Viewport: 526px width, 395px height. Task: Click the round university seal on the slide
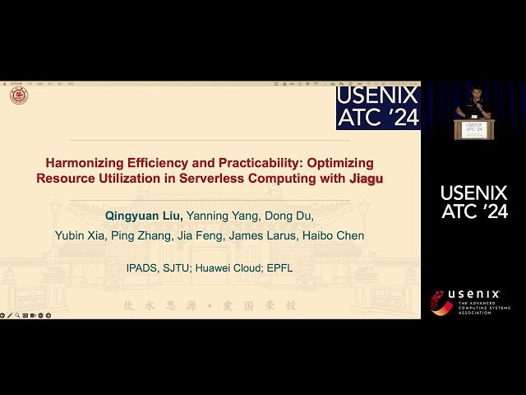(19, 96)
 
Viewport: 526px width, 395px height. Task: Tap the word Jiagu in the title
(366, 178)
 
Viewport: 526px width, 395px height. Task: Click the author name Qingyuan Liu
(144, 216)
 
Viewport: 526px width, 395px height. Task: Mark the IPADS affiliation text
(144, 268)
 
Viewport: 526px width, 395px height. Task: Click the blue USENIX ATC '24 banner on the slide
(378, 107)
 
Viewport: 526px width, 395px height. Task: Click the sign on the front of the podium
(474, 128)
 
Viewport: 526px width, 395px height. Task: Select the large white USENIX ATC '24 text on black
(474, 202)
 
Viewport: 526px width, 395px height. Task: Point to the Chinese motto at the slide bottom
(210, 305)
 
